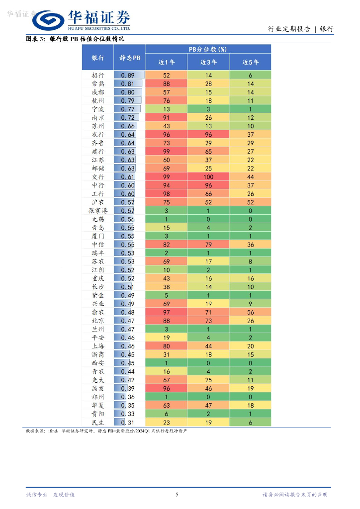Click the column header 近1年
coord(166,62)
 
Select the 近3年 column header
coord(208,62)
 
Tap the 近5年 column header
coord(250,62)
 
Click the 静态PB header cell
coord(130,58)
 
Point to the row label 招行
coord(98,75)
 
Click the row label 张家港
coord(98,210)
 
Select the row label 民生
coord(98,422)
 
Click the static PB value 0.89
coord(128,75)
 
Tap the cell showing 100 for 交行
coord(208,176)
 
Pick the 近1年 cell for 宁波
coord(166,109)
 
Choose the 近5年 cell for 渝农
coord(250,312)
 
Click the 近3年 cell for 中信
coord(208,245)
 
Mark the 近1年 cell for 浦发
coord(166,388)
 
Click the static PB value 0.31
coord(128,422)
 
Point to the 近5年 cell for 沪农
coord(250,202)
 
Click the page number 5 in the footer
coord(177,494)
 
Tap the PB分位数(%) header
coord(208,49)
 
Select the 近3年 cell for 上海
coord(208,346)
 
